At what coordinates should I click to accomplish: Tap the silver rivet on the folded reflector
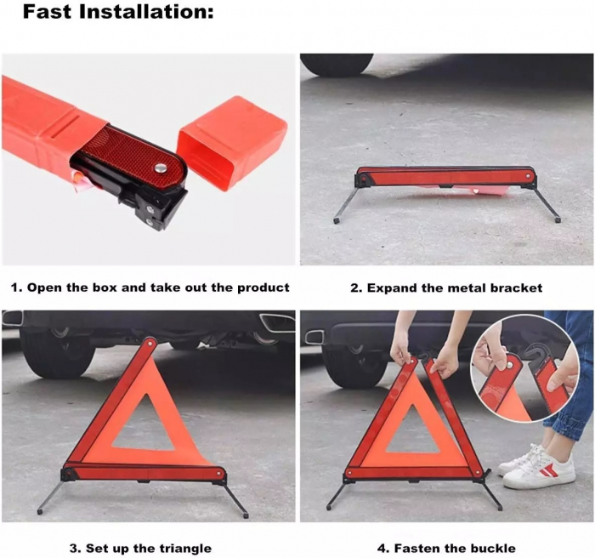click(161, 167)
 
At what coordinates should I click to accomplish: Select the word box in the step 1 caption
click(106, 288)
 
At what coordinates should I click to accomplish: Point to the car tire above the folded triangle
click(337, 65)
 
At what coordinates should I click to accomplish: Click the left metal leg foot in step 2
click(337, 220)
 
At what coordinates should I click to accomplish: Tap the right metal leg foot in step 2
click(558, 219)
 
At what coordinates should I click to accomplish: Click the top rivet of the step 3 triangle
click(150, 343)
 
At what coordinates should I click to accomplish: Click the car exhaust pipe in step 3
click(276, 323)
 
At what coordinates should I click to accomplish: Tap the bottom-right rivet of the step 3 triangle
click(218, 473)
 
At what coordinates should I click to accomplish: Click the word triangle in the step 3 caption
click(185, 549)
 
